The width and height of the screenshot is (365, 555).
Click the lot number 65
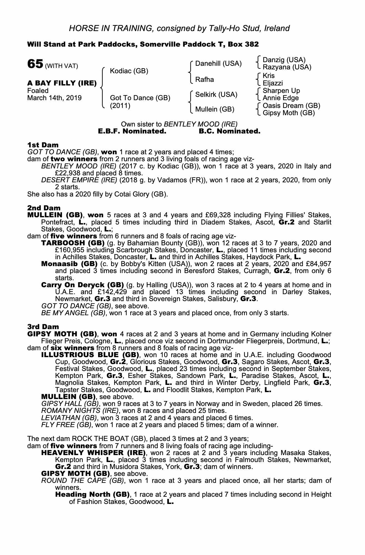coord(35,64)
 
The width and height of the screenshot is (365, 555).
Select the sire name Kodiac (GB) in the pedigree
coord(129,71)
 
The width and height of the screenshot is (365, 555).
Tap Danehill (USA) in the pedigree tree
coord(218,64)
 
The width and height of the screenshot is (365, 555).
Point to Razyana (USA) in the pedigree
coord(287,67)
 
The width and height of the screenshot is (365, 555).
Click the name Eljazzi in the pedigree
coord(272,83)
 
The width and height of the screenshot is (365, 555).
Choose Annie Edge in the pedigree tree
coord(281,98)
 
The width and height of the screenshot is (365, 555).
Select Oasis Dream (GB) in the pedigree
coord(291,106)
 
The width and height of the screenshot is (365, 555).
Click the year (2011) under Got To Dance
coord(120,106)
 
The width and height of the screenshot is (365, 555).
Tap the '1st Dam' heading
coord(43,145)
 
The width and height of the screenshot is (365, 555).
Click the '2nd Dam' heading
coord(44,208)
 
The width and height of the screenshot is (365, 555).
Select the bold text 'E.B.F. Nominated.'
coord(132,131)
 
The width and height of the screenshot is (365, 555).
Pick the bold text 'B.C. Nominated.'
coord(230,131)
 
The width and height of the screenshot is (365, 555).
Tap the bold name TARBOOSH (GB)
coord(73,243)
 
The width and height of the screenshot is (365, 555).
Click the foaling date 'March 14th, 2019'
coord(54,98)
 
